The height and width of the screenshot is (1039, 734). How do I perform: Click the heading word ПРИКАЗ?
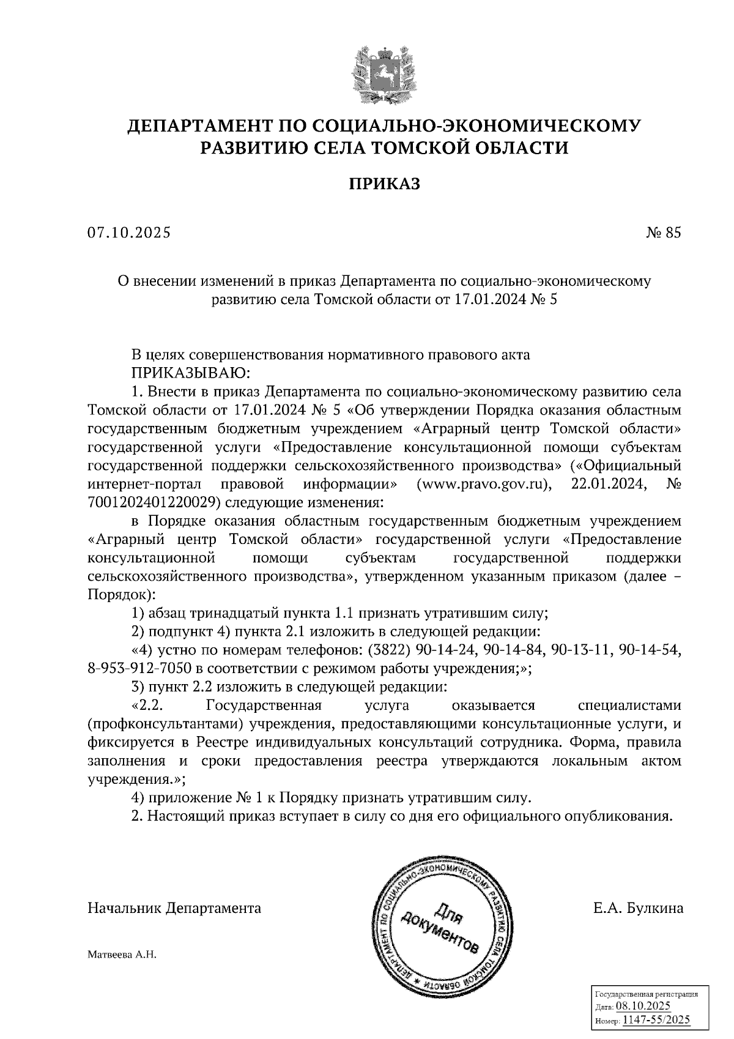point(385,184)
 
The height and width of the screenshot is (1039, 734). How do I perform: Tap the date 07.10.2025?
point(129,233)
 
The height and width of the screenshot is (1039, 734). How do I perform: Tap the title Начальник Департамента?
point(174,908)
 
